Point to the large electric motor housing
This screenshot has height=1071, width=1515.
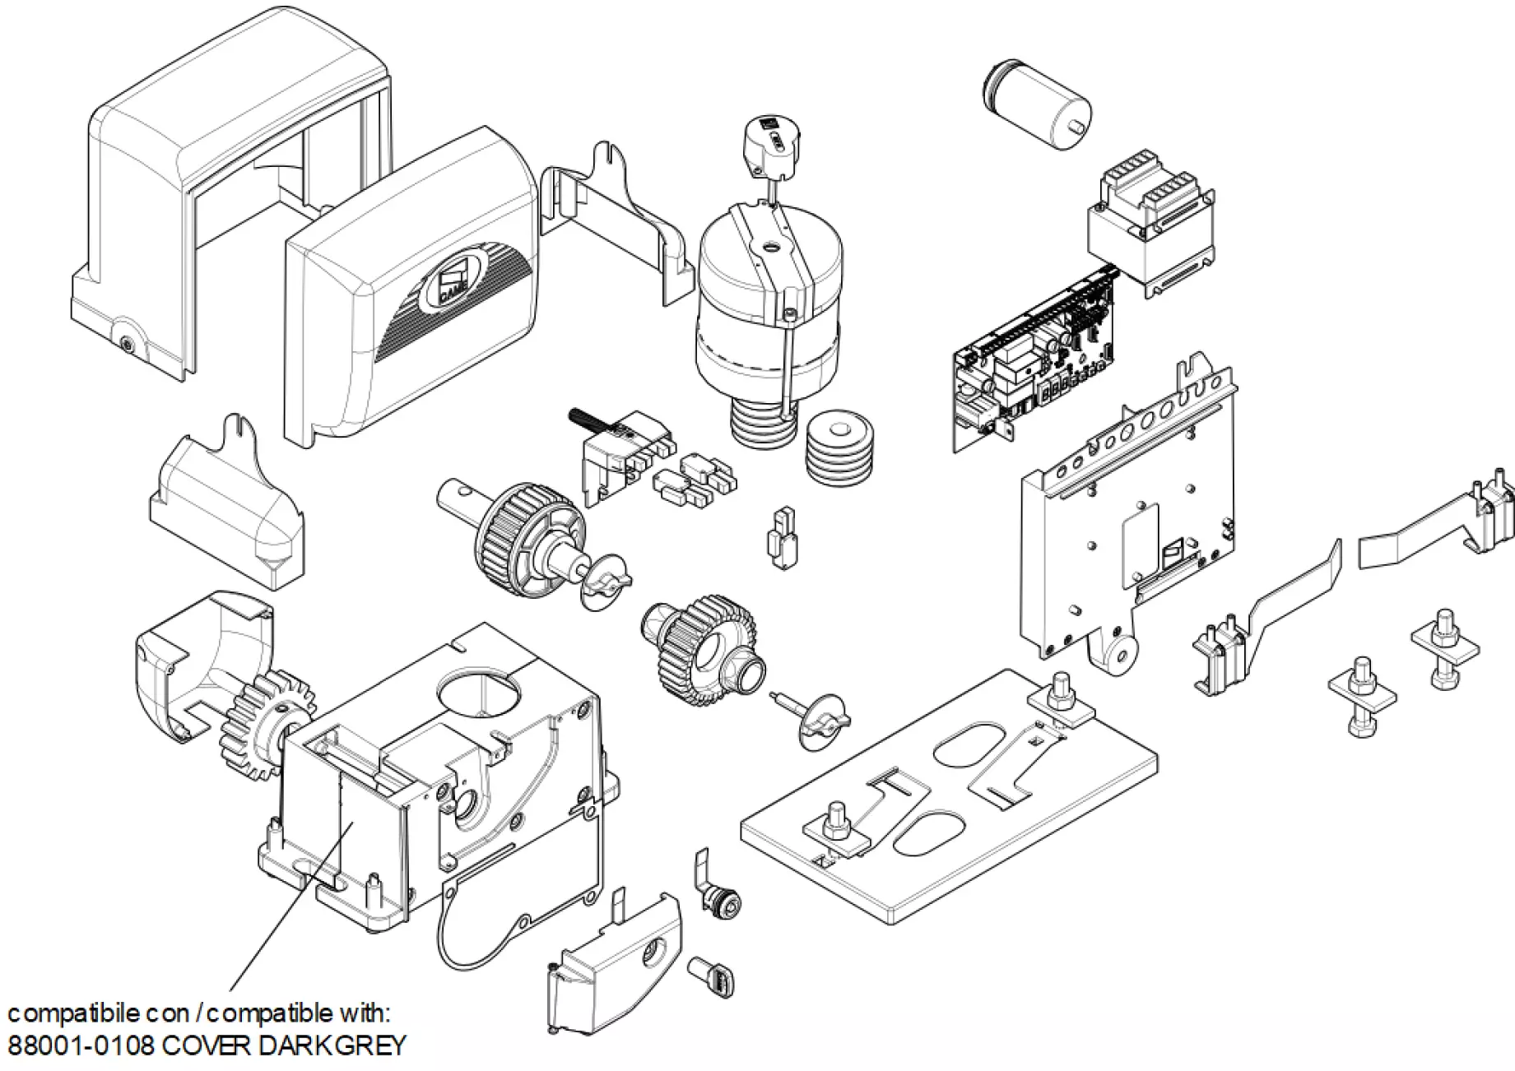point(769,304)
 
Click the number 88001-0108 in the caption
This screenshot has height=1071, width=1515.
point(81,1045)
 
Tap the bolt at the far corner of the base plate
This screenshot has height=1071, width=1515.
point(1062,695)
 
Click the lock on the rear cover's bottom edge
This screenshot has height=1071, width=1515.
point(128,346)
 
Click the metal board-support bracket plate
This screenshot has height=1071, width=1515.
point(1127,510)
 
